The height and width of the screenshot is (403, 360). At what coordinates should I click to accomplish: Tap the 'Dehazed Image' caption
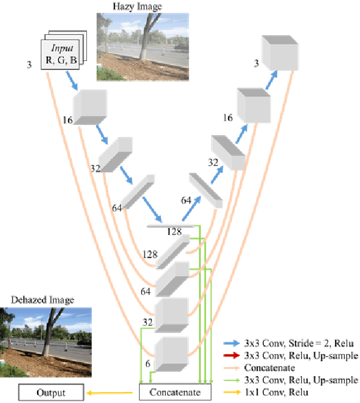click(x=43, y=300)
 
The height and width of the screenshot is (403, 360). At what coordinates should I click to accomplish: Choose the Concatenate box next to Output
click(x=175, y=393)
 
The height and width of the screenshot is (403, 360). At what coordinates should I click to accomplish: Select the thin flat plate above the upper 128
click(x=171, y=225)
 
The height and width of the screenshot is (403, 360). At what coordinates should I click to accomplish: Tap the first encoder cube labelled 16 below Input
click(x=90, y=108)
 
